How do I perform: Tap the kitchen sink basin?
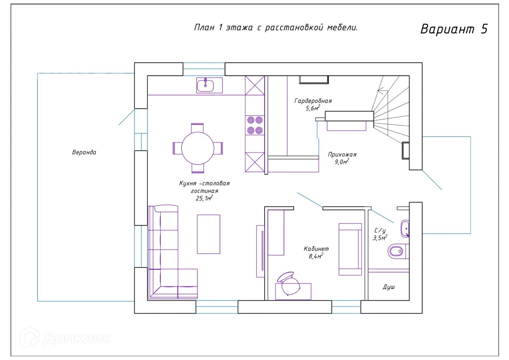pyautogui.click(x=205, y=86)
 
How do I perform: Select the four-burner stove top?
pyautogui.click(x=255, y=125)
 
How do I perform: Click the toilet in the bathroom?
pyautogui.click(x=398, y=251)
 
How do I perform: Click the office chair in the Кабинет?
pyautogui.click(x=289, y=284)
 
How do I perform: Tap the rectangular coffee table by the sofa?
pyautogui.click(x=209, y=234)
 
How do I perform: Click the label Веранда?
pyautogui.click(x=84, y=152)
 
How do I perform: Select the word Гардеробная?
pyautogui.click(x=313, y=101)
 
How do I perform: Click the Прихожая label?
pyautogui.click(x=342, y=155)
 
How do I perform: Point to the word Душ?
pyautogui.click(x=389, y=287)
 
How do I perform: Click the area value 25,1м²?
pyautogui.click(x=204, y=198)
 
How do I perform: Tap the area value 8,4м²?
pyautogui.click(x=316, y=256)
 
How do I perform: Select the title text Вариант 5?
pyautogui.click(x=454, y=29)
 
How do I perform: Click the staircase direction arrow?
pyautogui.click(x=382, y=91)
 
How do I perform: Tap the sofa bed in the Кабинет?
pyautogui.click(x=350, y=249)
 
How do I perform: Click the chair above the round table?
pyautogui.click(x=197, y=128)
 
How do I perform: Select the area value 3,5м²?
pyautogui.click(x=380, y=238)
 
